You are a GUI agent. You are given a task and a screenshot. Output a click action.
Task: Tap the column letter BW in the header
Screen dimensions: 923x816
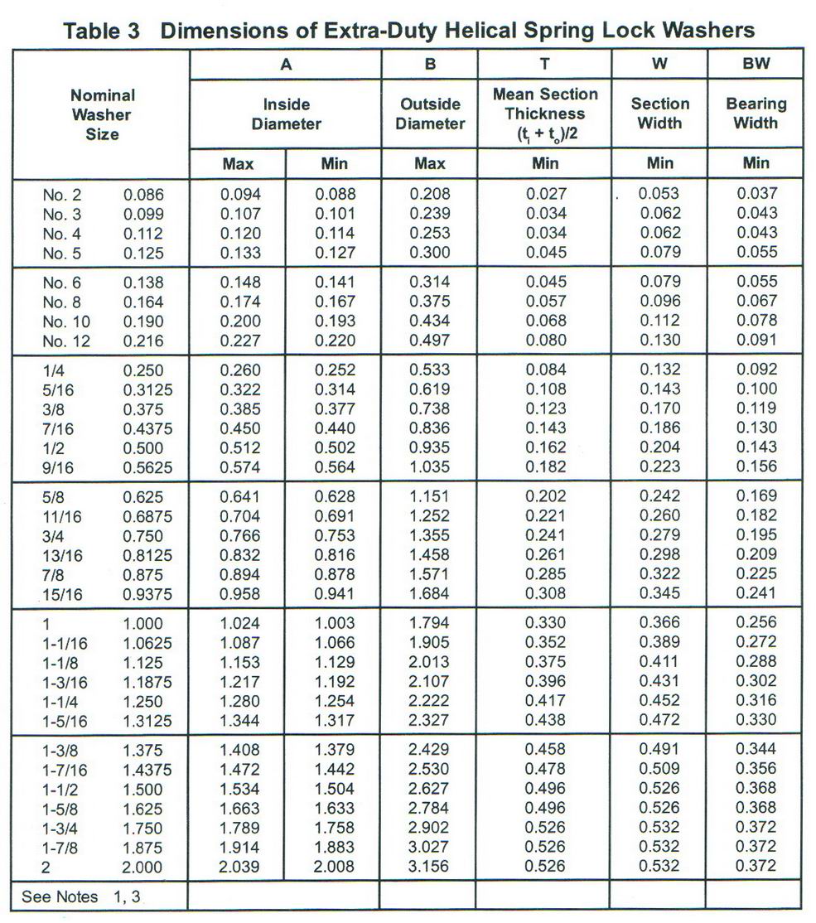click(755, 64)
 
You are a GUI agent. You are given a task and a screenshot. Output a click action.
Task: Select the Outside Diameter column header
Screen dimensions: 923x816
click(430, 114)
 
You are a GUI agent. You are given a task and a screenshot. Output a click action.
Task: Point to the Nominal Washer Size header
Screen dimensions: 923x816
click(102, 114)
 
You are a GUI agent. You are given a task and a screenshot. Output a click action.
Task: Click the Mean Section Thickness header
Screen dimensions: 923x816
click(544, 114)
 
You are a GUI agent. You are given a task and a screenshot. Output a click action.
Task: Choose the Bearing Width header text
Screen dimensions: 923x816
click(756, 114)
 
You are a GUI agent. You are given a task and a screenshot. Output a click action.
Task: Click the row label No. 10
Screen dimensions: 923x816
click(66, 321)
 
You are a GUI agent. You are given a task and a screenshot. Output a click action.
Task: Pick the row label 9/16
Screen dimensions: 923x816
click(58, 467)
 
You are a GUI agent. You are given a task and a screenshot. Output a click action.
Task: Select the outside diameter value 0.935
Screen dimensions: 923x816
click(430, 447)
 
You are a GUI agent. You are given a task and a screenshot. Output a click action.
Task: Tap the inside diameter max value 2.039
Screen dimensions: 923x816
click(240, 866)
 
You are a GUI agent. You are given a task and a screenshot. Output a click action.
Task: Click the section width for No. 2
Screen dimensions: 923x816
click(659, 194)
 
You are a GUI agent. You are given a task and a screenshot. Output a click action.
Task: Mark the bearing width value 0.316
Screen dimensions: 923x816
click(756, 700)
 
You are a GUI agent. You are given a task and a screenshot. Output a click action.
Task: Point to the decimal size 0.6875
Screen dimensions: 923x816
click(148, 516)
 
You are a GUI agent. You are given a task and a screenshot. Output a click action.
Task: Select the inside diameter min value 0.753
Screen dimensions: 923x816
click(335, 535)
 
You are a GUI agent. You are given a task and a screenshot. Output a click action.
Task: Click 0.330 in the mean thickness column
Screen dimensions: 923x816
click(545, 622)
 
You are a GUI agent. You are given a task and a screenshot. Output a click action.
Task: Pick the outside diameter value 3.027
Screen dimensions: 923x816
click(430, 847)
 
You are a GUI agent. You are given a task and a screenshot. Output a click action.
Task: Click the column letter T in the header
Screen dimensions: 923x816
click(544, 64)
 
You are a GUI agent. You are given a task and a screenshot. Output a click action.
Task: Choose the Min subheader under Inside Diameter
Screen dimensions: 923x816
click(335, 163)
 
